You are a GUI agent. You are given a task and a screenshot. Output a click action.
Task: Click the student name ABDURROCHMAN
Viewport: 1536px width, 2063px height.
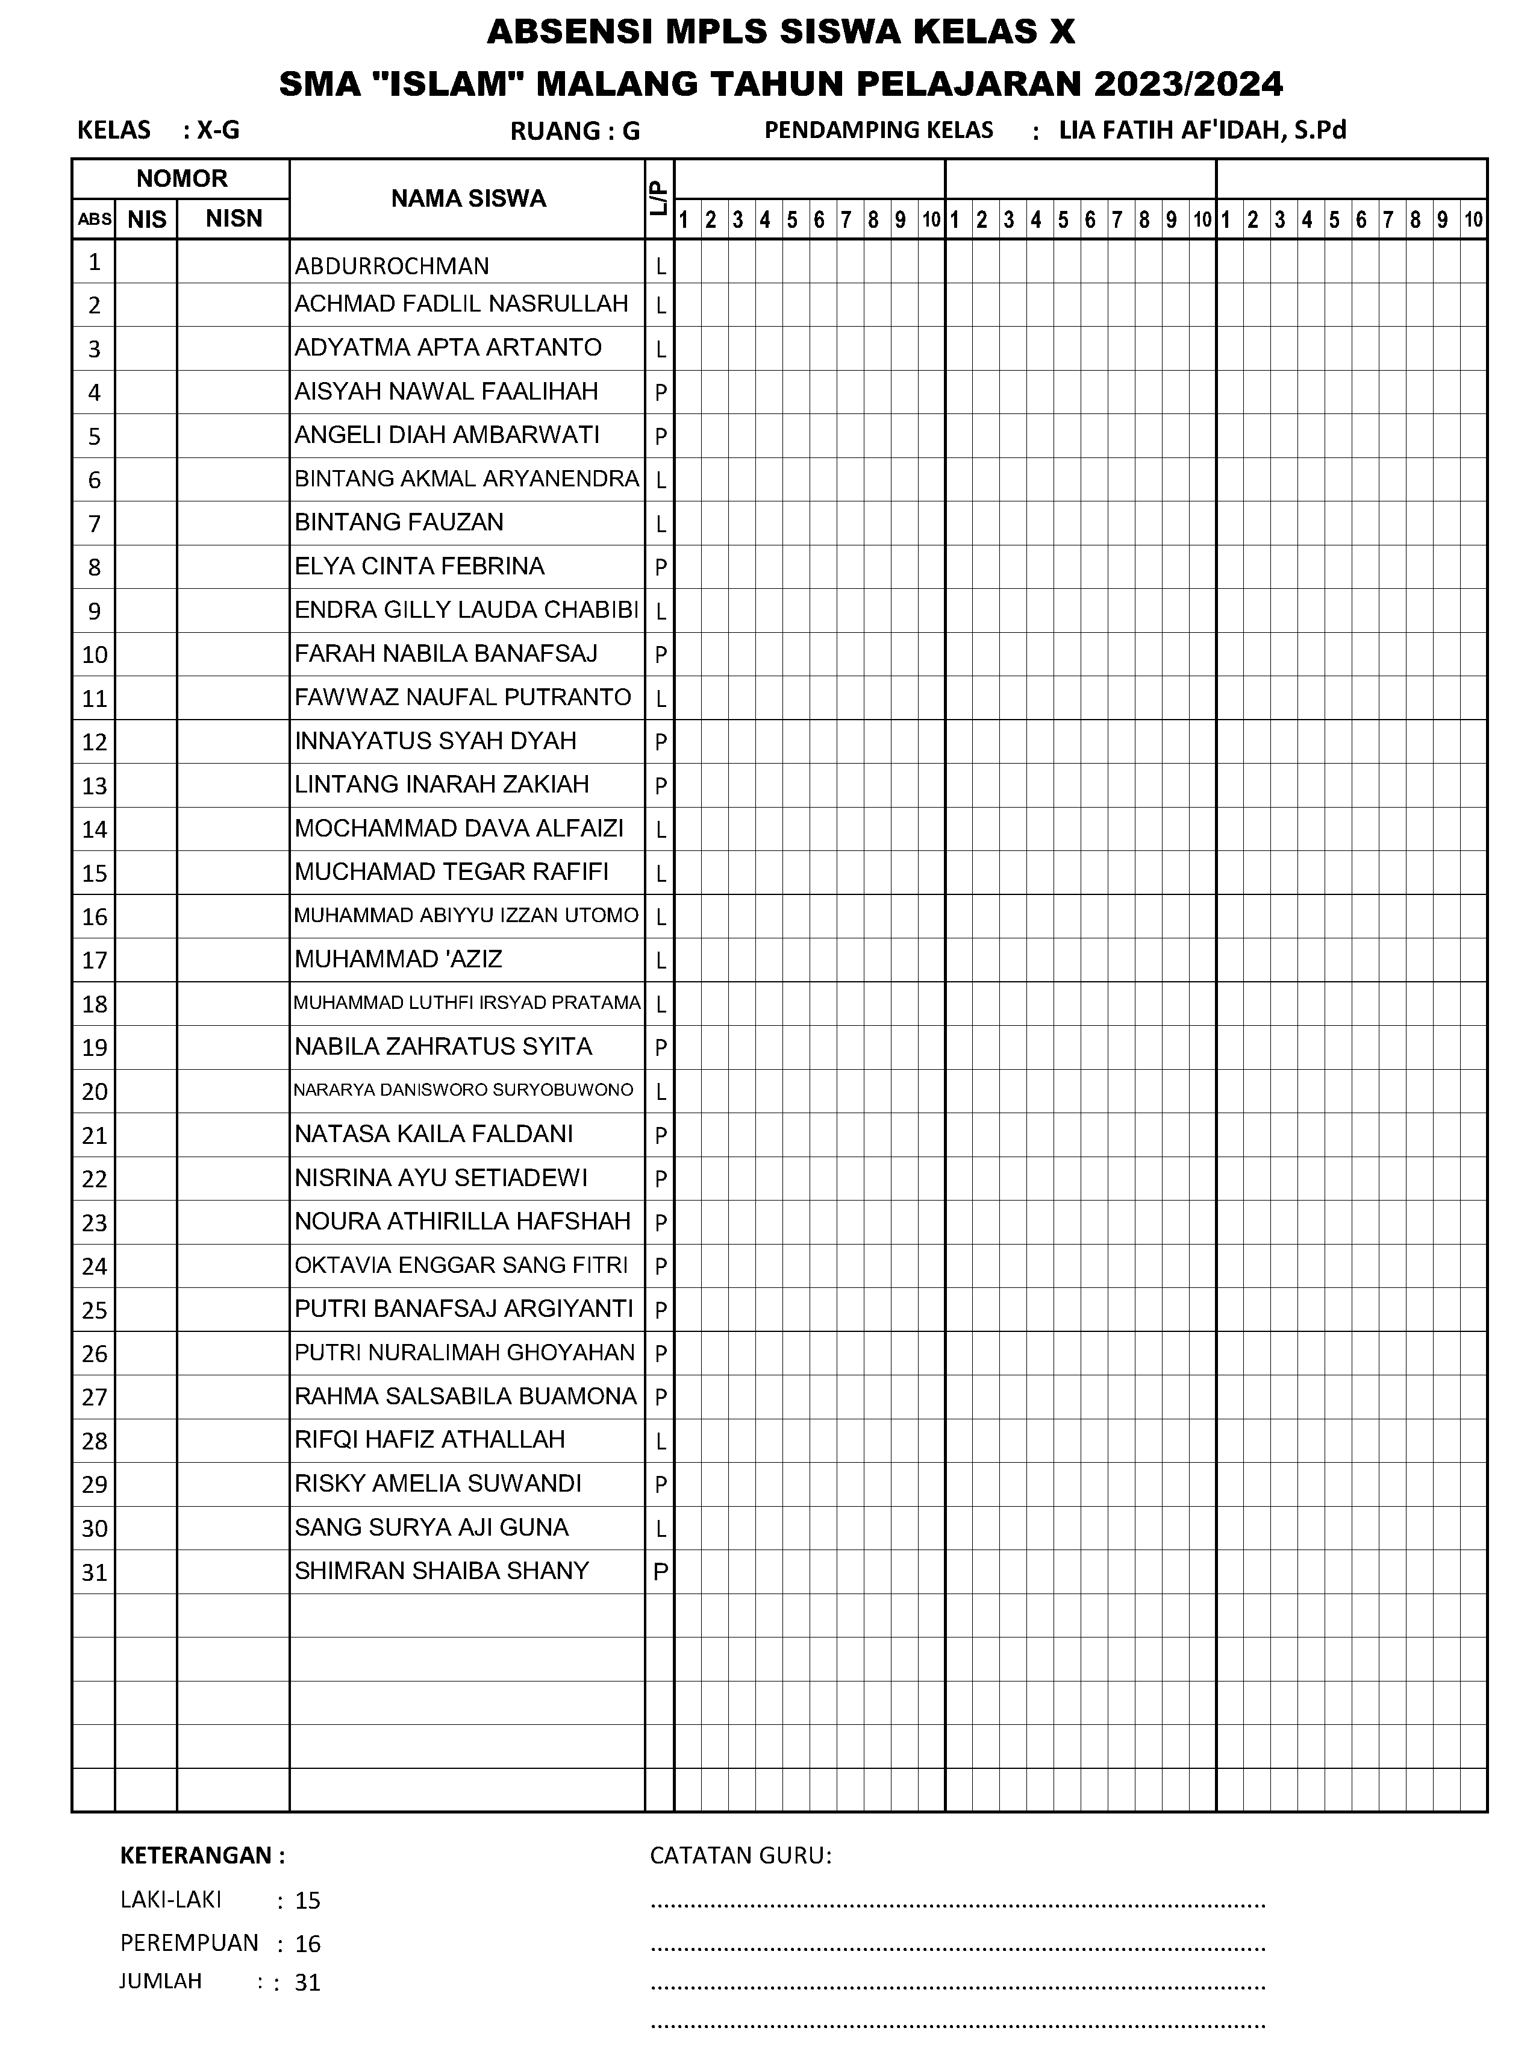tap(392, 266)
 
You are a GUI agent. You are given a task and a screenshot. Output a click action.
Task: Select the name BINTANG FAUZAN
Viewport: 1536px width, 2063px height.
tap(399, 523)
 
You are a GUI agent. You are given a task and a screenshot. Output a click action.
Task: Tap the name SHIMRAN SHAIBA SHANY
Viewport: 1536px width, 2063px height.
tap(442, 1571)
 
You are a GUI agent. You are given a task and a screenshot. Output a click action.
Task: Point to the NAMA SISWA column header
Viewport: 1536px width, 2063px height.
tap(467, 198)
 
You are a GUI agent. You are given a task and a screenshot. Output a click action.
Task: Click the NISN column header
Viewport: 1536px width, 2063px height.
tap(233, 219)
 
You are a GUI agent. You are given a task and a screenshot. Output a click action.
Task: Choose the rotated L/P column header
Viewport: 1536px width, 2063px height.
tap(659, 199)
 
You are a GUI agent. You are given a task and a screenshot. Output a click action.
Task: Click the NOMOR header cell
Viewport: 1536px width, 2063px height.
tap(181, 178)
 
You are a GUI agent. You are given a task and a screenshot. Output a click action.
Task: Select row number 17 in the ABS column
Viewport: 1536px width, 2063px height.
tap(94, 960)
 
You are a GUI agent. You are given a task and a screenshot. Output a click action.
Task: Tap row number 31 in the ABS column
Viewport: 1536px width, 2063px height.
tap(94, 1572)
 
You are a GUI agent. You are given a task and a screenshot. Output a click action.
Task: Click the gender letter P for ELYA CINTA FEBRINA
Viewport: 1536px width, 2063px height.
tap(661, 567)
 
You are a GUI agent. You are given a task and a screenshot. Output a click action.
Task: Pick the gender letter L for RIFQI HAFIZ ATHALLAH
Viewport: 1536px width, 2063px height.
tap(661, 1442)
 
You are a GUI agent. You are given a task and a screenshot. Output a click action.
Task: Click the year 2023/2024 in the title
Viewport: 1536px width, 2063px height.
tap(1188, 84)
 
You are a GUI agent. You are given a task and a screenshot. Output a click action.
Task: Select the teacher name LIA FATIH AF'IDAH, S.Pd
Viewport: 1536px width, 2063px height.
tap(1202, 130)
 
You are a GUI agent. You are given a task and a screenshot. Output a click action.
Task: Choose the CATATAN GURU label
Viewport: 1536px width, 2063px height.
tap(740, 1856)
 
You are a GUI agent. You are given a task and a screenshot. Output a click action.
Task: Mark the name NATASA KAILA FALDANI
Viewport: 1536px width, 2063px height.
tap(433, 1134)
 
